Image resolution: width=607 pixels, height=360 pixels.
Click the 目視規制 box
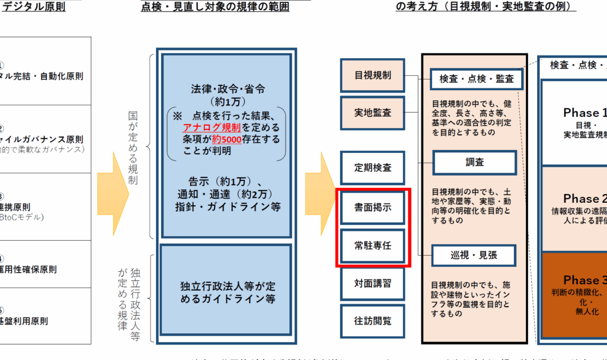(373, 76)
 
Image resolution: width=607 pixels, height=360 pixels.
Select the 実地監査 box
(373, 113)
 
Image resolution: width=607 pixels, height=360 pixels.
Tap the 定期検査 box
(373, 168)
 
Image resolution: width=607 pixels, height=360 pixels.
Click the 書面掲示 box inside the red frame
(373, 209)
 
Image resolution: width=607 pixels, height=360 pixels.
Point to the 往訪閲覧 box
(373, 321)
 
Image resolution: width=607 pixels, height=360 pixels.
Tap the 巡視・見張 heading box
(474, 255)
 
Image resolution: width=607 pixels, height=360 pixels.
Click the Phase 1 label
(584, 113)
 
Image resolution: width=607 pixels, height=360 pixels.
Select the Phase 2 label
(584, 199)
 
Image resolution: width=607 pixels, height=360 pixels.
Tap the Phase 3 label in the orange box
(584, 280)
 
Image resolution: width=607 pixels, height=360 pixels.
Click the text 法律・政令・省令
(228, 89)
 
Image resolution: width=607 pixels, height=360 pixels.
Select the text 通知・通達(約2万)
(228, 194)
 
